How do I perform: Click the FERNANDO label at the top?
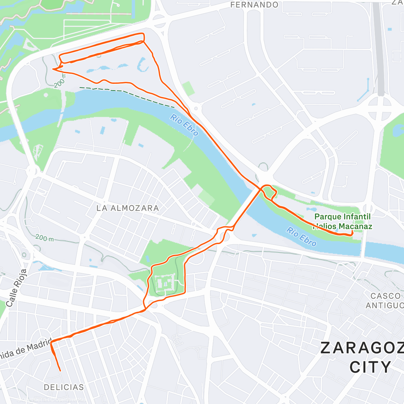point(254,5)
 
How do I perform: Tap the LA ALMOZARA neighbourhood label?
point(128,208)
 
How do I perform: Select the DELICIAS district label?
point(64,387)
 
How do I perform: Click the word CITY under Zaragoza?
point(370,367)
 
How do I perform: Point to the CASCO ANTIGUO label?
point(385,301)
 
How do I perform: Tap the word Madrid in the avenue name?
point(37,345)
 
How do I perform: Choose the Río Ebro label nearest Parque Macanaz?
point(301,237)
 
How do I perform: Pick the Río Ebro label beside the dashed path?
point(184,125)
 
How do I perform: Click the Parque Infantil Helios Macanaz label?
point(343,222)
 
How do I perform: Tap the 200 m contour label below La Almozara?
point(44,238)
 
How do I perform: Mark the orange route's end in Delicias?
point(60,371)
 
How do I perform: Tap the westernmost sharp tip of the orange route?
point(53,69)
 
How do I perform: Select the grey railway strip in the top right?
point(379,47)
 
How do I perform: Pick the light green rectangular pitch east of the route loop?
point(189,88)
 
